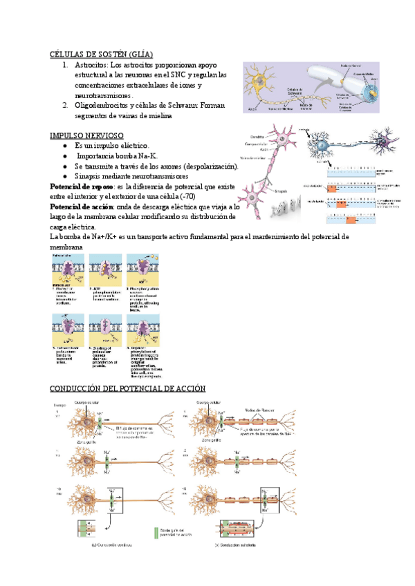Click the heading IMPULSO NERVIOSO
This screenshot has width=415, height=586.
(87, 135)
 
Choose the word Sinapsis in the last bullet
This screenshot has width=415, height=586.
(92, 177)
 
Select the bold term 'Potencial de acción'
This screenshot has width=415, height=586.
(75, 207)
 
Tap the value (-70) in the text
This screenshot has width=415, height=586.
(207, 197)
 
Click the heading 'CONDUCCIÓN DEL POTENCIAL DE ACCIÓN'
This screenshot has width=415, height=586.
(129, 388)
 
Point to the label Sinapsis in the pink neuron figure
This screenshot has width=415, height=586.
(261, 191)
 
